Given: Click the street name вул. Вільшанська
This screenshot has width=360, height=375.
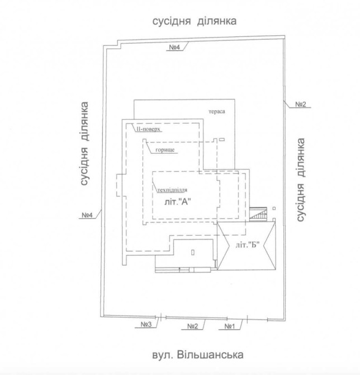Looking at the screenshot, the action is point(198,355).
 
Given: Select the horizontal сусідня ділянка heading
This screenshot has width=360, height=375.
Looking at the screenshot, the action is point(195,21).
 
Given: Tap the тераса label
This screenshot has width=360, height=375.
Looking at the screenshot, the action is point(217,111).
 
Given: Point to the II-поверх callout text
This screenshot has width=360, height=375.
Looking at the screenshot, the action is point(148,129).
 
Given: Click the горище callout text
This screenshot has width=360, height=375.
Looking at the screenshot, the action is point(165,150).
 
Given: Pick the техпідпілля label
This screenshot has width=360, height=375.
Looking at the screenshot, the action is point(172,190).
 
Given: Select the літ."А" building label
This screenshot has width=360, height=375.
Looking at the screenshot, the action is point(178,202).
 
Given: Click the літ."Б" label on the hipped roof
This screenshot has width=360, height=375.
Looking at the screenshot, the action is point(247,245).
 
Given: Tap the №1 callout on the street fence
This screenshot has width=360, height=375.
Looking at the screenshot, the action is point(230,326).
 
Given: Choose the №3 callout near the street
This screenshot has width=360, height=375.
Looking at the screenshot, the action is point(146,324).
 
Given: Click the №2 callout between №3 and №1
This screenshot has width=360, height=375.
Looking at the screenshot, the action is point(192,326).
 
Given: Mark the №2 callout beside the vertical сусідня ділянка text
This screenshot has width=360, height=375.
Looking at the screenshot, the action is point(301,104).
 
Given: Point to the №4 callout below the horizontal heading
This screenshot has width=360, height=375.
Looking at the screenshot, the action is point(174,47).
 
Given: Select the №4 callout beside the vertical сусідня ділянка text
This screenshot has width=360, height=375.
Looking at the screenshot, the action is point(87,215).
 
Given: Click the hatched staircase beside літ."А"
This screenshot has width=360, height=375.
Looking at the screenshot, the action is point(258,214).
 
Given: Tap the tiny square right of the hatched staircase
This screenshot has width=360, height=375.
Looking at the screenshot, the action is point(274,209).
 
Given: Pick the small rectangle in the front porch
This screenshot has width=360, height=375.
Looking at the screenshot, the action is point(193,252).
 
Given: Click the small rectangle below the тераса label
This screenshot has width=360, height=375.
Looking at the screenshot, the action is point(222,139).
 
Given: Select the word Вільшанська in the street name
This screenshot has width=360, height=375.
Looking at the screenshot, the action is point(210,355).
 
